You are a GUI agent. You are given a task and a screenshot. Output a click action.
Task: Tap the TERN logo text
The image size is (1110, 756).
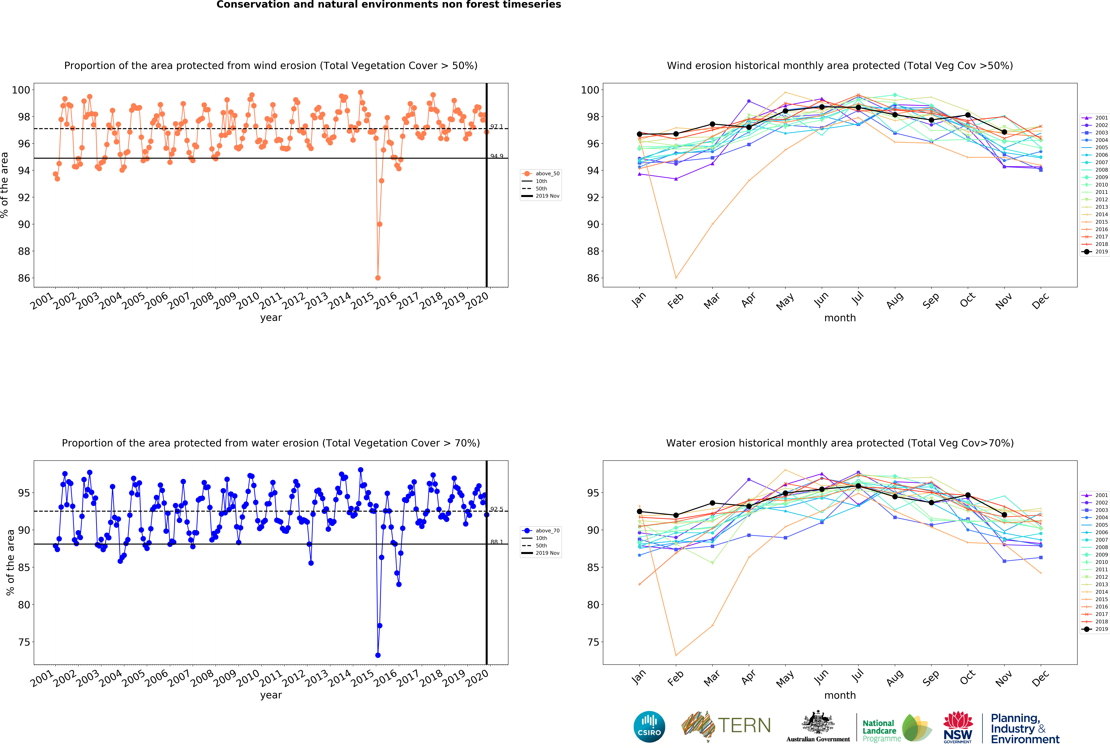click(744, 725)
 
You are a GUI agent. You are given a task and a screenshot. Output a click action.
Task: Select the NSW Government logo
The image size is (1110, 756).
click(958, 727)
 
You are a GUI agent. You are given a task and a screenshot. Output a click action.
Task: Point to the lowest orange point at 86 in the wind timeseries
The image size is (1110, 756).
click(378, 278)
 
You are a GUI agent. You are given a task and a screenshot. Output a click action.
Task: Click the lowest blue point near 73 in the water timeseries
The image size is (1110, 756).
click(378, 655)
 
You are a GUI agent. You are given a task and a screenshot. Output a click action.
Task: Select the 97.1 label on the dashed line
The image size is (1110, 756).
click(496, 126)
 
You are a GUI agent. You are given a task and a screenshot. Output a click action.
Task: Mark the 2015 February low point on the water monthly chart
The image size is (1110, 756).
click(676, 655)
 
